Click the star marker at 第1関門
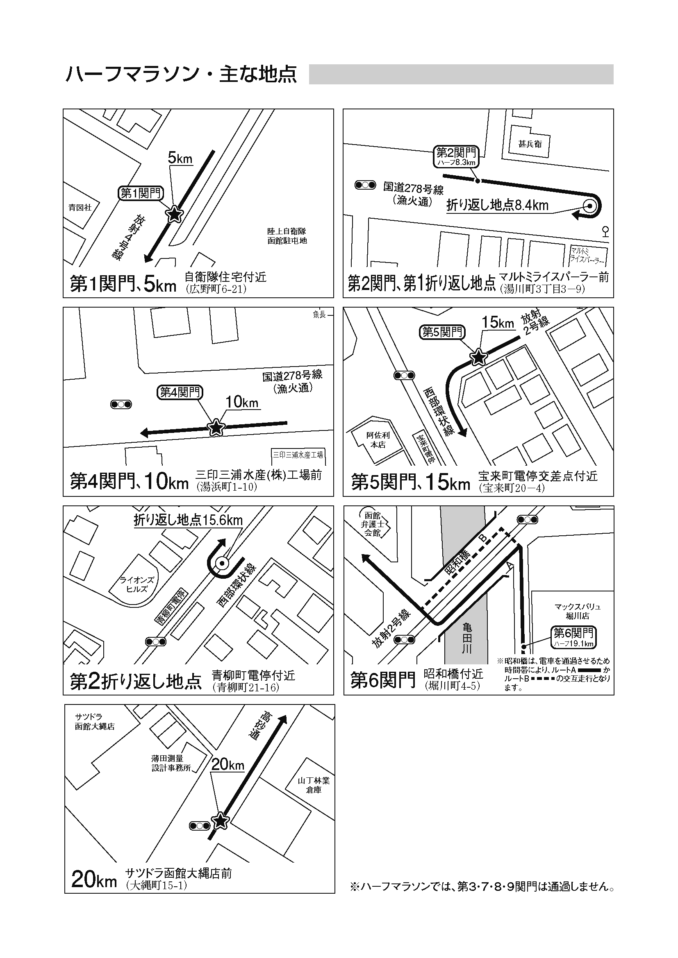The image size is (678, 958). point(175,214)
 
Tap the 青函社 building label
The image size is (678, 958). point(80,207)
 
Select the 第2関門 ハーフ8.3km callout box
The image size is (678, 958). point(456,156)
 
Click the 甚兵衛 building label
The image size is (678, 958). point(530,144)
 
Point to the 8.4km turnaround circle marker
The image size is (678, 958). point(589,206)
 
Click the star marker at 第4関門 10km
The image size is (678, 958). point(216,427)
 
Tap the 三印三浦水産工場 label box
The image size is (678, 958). point(298,455)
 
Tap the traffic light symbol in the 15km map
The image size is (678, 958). point(404,376)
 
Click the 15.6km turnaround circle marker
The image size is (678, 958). point(222,563)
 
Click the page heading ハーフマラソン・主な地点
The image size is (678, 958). point(181,74)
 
